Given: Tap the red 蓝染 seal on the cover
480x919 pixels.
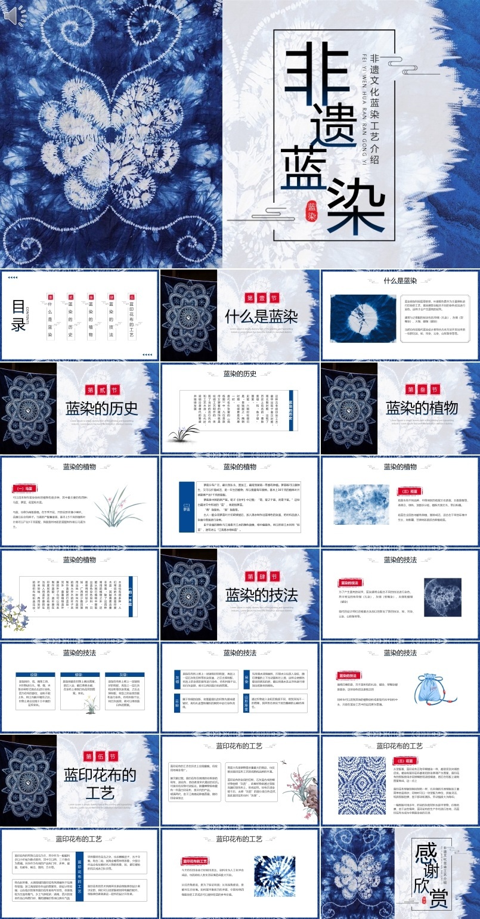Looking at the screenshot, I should click(x=312, y=210).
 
